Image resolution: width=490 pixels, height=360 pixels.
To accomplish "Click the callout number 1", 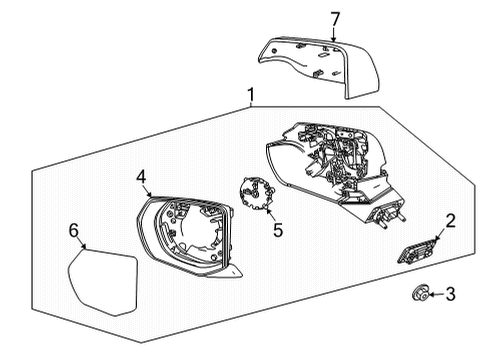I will pyautogui.click(x=251, y=95).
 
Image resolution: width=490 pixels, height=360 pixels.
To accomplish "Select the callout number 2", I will pyautogui.click(x=451, y=222).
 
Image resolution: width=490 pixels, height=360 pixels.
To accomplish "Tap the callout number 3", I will pyautogui.click(x=451, y=294).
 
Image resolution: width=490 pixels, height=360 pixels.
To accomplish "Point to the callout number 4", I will pyautogui.click(x=142, y=178).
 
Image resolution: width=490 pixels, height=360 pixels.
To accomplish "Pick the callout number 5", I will pyautogui.click(x=278, y=231).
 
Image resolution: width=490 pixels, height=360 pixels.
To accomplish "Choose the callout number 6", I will pyautogui.click(x=73, y=231).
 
